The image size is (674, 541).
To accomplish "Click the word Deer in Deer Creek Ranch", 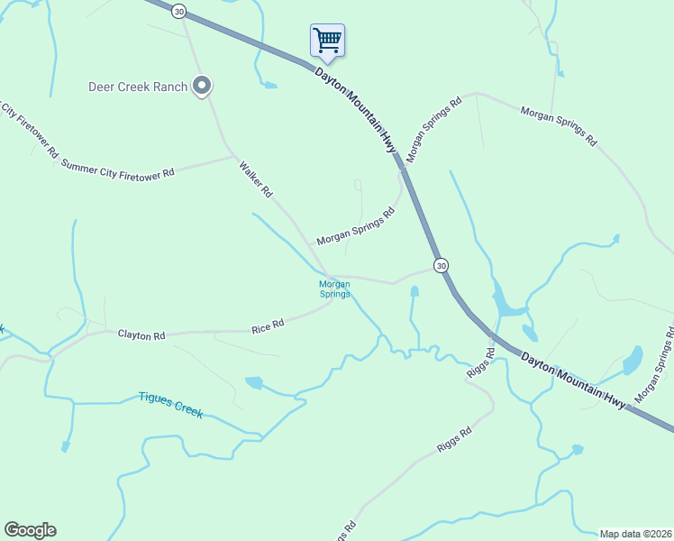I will click(x=103, y=87).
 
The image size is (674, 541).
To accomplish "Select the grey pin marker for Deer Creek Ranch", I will click(x=203, y=87).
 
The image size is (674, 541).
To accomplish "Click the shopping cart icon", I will click(x=327, y=40).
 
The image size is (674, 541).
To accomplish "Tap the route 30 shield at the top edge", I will click(x=179, y=11).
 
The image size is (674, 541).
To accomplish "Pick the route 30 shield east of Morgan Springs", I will click(x=440, y=265).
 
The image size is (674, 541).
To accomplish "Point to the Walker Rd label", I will click(x=255, y=179).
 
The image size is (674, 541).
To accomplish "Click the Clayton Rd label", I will click(x=141, y=335).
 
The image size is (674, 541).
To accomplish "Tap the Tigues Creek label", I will click(x=170, y=404).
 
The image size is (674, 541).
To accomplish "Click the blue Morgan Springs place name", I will click(x=334, y=289).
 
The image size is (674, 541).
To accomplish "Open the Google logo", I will click(x=30, y=530).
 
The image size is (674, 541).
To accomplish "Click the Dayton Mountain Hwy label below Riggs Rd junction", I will click(x=572, y=379).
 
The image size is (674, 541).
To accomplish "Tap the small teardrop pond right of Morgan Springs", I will click(x=414, y=292).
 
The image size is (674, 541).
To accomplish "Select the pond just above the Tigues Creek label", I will click(x=253, y=382).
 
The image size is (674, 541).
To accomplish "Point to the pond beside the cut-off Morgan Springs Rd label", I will click(x=633, y=360).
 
